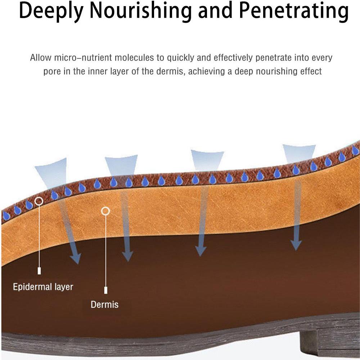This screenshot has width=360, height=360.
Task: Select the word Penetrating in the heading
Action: [x=294, y=12]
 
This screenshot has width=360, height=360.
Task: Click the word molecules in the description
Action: [x=133, y=58]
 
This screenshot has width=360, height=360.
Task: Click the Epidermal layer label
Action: [x=43, y=287]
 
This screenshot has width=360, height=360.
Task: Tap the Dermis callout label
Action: [x=104, y=305]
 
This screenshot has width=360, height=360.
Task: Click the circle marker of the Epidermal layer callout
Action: [x=39, y=201]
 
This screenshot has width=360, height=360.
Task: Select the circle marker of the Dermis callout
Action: [x=105, y=211]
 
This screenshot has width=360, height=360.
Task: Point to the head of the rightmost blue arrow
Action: [x=296, y=246]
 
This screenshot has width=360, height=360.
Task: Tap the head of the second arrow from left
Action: [x=127, y=256]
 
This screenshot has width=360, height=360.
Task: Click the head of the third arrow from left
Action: [x=201, y=252]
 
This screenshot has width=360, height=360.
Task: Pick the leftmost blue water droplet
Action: [x=6, y=216]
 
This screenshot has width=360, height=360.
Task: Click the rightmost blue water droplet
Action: [x=355, y=150]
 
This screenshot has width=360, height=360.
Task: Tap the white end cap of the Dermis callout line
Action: [x=106, y=290]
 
